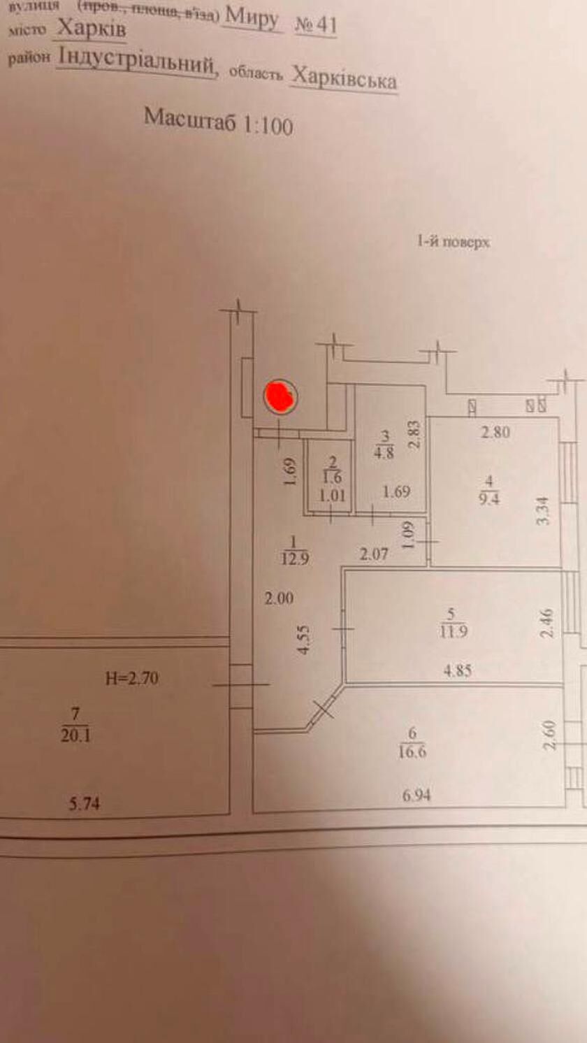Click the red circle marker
tap(280, 397)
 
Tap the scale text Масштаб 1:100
tap(218, 121)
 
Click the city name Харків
tap(92, 29)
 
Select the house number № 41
tap(316, 26)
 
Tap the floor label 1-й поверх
tap(454, 243)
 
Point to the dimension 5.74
tap(84, 804)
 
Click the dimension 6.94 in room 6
tap(416, 795)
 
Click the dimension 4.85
tap(457, 670)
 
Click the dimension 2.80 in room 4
tap(495, 432)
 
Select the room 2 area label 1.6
tap(333, 478)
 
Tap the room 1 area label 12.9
tap(294, 558)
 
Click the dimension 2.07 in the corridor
tap(374, 555)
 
